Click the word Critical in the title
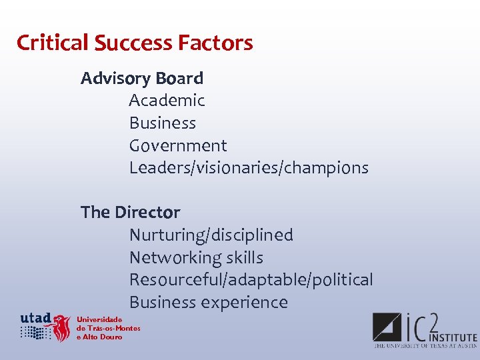tap(53, 43)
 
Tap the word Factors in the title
tap(215, 43)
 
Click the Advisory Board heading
tap(142, 79)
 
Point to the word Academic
tap(167, 101)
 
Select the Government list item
tap(178, 146)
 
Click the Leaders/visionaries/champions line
tap(249, 168)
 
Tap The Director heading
tap(130, 213)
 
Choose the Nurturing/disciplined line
tap(211, 235)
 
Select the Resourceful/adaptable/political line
tap(251, 280)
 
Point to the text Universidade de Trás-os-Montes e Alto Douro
tap(108, 328)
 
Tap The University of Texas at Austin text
tap(425, 346)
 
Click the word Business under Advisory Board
tap(163, 123)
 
